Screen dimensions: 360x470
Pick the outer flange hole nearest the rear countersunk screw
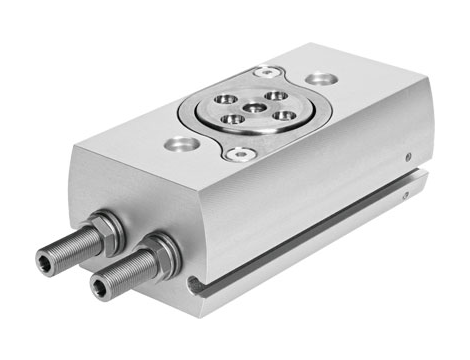click(x=271, y=95)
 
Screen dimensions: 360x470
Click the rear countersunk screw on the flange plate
click(x=267, y=72)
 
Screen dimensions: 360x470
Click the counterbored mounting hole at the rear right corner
click(x=320, y=78)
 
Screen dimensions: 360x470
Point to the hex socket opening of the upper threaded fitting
click(x=43, y=262)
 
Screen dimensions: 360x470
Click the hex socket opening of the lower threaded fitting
click(x=99, y=290)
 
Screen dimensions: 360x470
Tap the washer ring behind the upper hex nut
click(x=113, y=228)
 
